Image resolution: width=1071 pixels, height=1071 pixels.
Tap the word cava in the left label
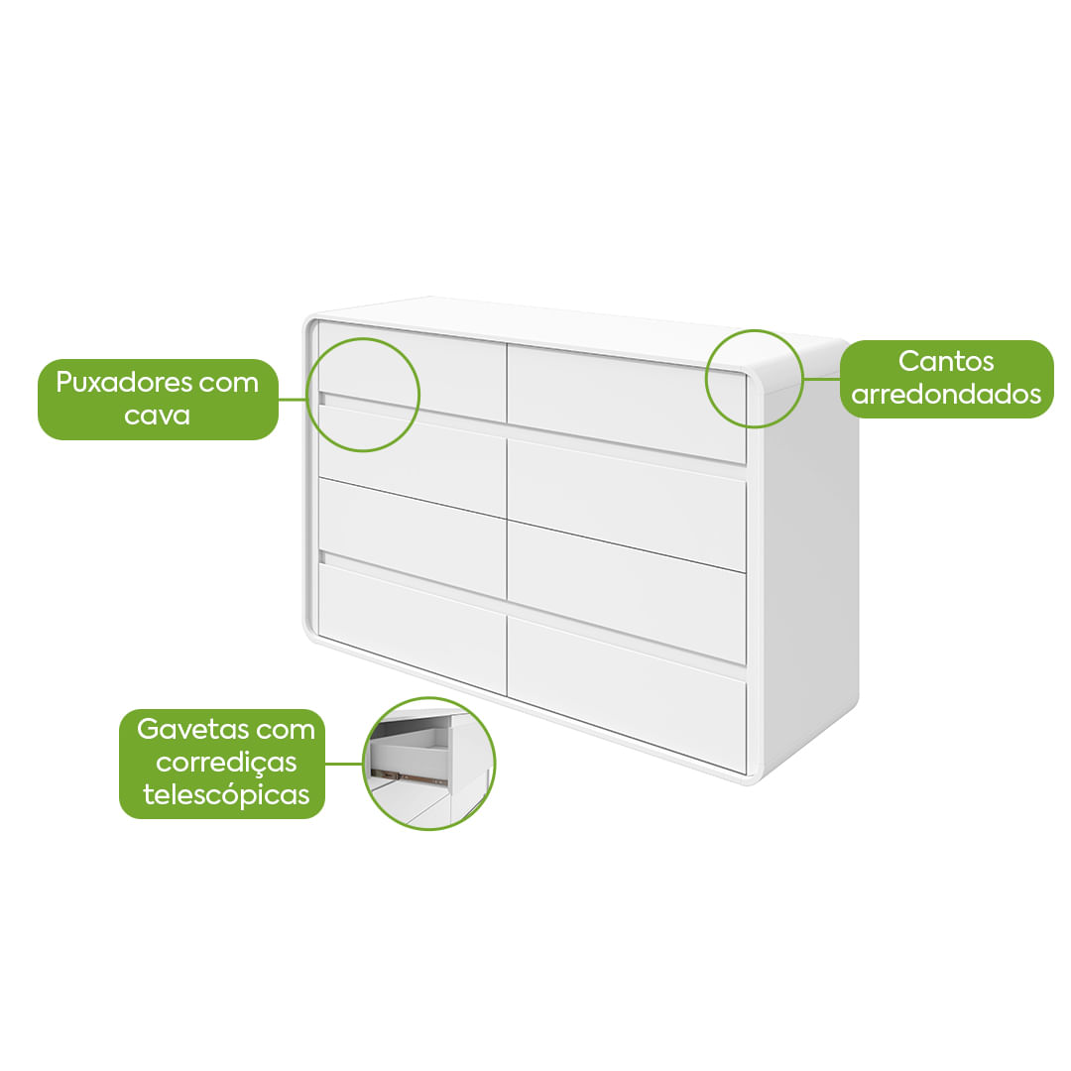tap(158, 415)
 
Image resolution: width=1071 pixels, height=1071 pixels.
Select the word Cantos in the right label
tap(946, 361)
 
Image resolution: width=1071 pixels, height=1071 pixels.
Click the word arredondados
tap(946, 395)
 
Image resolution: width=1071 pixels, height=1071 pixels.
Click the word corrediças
tap(227, 763)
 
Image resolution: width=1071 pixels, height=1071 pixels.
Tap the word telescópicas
tap(226, 794)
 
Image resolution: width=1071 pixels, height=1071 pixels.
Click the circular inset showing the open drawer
tap(429, 764)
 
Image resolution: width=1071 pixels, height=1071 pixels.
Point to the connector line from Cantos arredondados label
tap(821, 378)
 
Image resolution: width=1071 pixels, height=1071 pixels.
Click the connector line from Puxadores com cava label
tap(294, 399)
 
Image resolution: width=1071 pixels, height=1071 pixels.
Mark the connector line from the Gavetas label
tap(344, 764)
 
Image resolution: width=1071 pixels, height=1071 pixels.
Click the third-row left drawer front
tap(412, 535)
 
